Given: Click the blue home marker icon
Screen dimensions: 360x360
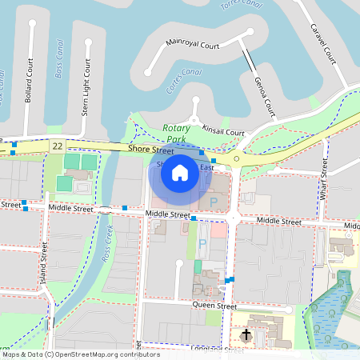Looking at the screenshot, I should tap(180, 172).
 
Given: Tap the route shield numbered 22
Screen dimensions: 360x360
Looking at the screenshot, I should tap(57, 146).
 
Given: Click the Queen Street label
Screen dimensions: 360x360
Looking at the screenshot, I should tap(214, 306).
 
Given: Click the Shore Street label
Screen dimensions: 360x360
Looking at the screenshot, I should tap(151, 150).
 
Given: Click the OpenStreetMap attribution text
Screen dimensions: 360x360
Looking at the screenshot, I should tap(70, 354).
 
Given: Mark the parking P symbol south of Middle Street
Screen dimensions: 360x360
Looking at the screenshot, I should tap(202, 242).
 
